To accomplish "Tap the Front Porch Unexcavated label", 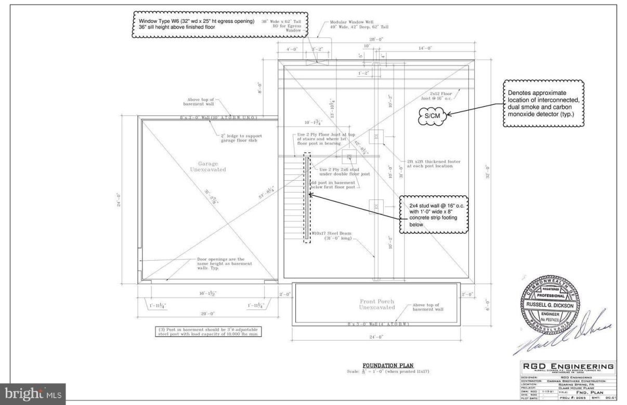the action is (377, 304).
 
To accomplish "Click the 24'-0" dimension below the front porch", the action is (376, 337).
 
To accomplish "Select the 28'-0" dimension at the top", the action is (376, 39).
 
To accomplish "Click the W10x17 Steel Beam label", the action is (332, 236).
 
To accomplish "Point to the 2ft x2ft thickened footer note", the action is (431, 164).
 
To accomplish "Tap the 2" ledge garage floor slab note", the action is (240, 138).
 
